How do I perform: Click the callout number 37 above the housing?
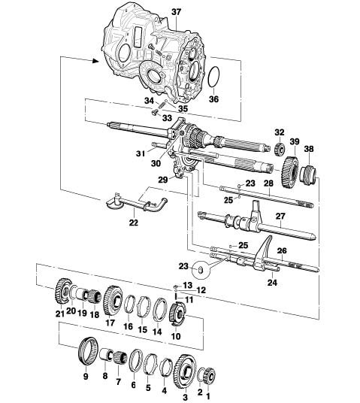(x=177, y=12)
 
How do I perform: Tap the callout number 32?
(x=280, y=132)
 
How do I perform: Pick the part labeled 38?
(x=310, y=174)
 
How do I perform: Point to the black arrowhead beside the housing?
(x=95, y=61)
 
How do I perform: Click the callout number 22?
(x=134, y=223)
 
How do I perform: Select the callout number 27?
(x=280, y=216)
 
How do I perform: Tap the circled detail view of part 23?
(x=201, y=270)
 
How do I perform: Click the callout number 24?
(x=272, y=283)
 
